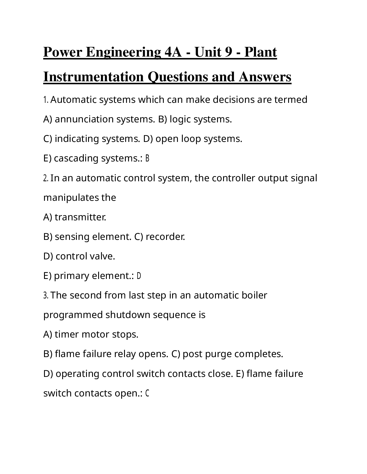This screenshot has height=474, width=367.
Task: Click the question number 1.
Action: pyautogui.click(x=46, y=100)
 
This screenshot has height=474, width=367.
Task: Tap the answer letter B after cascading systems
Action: pyautogui.click(x=147, y=159)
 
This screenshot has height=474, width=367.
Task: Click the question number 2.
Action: pyautogui.click(x=46, y=178)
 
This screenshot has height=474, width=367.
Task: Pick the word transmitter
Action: pyautogui.click(x=80, y=217)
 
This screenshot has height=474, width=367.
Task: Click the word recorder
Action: pyautogui.click(x=165, y=237)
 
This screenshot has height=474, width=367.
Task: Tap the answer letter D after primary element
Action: pyautogui.click(x=139, y=276)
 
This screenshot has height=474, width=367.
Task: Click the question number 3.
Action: pyautogui.click(x=46, y=296)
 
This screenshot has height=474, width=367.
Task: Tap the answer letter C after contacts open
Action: pyautogui.click(x=147, y=393)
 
